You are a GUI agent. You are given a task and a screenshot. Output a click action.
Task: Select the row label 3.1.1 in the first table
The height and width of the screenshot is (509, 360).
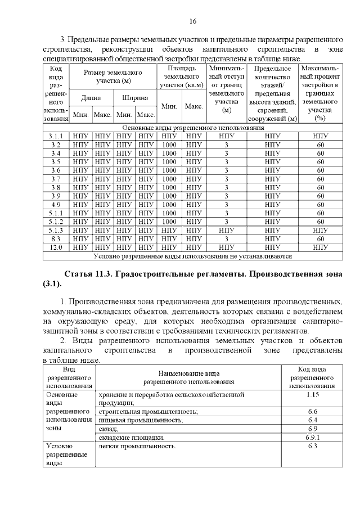coord(56,136)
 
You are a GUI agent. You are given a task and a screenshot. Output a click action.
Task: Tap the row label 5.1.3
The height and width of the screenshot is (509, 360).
coord(56,230)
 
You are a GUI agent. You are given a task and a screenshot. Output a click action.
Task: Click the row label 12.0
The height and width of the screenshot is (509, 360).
coord(56,247)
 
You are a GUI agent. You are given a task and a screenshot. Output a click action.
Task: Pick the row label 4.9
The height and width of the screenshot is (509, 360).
coord(56,204)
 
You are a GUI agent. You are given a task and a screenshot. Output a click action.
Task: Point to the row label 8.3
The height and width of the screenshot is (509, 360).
coord(56,238)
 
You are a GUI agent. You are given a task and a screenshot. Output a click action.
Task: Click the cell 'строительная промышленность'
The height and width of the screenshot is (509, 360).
coord(148,412)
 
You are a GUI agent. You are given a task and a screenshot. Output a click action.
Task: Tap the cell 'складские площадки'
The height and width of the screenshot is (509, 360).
coord(132,437)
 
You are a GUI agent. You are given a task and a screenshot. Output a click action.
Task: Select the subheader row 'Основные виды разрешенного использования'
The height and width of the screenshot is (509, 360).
coord(194,128)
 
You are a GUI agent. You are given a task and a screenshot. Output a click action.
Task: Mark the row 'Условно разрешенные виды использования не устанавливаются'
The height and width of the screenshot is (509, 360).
coord(194,256)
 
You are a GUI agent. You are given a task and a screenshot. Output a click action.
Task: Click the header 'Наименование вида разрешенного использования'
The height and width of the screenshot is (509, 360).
coord(188,377)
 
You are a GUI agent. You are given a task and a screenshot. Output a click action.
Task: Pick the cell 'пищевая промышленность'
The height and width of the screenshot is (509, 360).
coord(141,420)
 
